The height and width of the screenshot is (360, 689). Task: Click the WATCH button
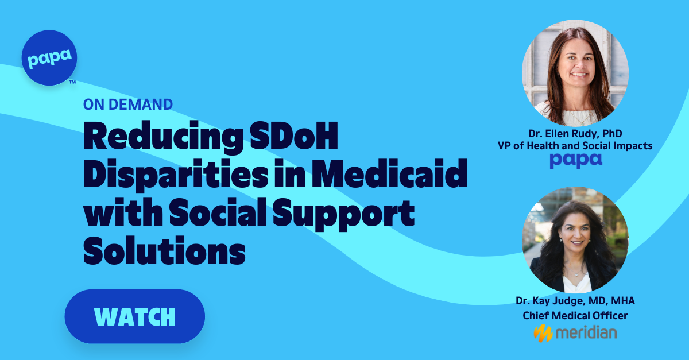pos(134,316)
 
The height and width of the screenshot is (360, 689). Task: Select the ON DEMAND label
pos(127,104)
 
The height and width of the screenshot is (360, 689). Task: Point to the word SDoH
pos(301,138)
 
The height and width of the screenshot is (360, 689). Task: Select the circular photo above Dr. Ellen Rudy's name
pos(575,73)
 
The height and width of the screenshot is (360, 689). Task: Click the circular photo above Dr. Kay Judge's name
pos(575,239)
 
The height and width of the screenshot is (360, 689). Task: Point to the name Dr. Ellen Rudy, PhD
pos(575,133)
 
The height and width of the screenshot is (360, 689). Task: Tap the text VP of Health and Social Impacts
pos(575,146)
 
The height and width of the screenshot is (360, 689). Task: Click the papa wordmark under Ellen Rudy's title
pos(575,161)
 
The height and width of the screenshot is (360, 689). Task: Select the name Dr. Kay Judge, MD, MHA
pos(575,300)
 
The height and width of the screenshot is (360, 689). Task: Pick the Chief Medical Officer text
pos(575,315)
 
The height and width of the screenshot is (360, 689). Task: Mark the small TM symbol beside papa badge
pos(72,82)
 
